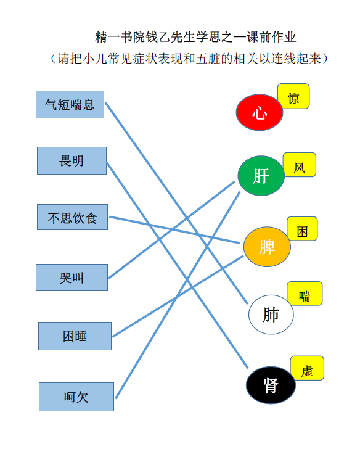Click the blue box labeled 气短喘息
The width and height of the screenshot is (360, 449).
point(70,104)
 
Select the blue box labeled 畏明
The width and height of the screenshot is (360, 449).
point(72,160)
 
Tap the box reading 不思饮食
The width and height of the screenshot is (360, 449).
point(72,217)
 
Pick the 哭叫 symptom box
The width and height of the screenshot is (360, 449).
point(72,278)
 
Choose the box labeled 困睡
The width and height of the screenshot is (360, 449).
point(75,336)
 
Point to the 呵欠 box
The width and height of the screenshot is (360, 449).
point(76,397)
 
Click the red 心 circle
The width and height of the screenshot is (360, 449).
point(260,112)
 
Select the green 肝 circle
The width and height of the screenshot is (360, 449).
point(261,176)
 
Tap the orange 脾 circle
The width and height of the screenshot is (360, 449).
point(267,247)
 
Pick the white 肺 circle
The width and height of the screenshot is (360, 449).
point(271,315)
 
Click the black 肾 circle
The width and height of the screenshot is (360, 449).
point(271,385)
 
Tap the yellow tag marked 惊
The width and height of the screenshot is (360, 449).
point(293,96)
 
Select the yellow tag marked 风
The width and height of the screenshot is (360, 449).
point(300,165)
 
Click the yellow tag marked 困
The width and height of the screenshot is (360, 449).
point(303,228)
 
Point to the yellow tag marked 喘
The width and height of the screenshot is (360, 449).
point(305,294)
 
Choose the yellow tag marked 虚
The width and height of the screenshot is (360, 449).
point(308,368)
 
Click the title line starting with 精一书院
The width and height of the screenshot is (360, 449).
point(195,37)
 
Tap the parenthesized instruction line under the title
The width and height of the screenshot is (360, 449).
point(189,59)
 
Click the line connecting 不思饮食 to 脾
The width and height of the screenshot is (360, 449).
point(174,230)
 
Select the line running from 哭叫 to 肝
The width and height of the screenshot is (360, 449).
point(172,229)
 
